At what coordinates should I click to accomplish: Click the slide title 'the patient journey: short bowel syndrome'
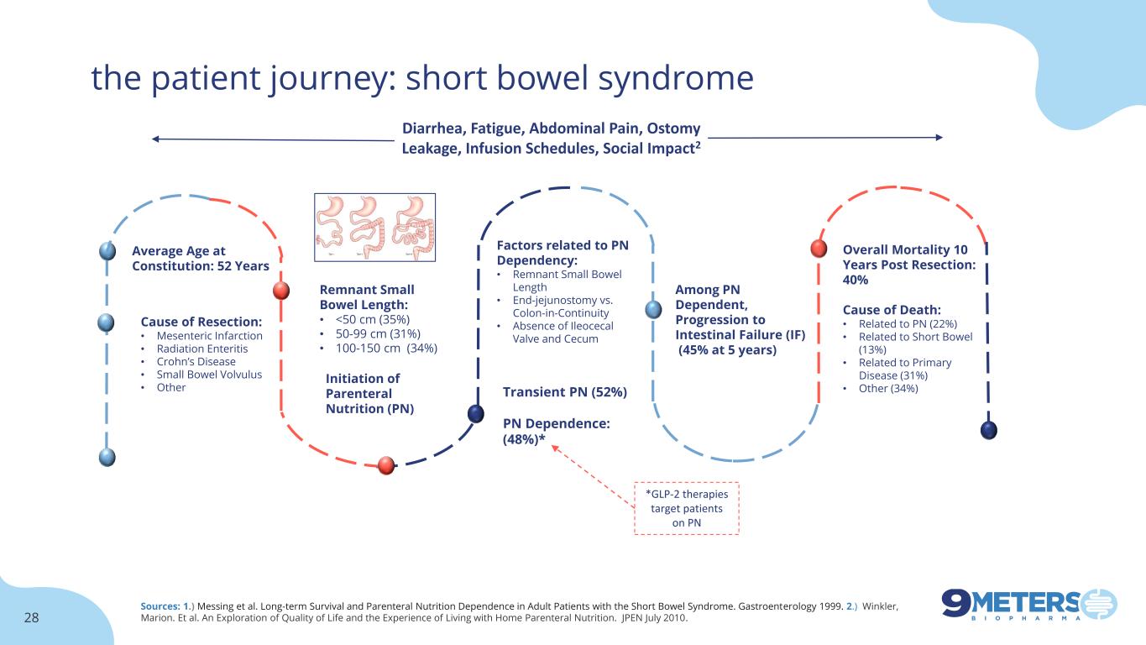422,78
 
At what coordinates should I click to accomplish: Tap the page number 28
32,618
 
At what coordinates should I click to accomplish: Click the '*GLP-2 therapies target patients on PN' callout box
687,508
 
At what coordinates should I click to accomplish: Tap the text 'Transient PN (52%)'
564,392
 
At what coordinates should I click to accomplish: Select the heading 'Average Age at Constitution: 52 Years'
201,258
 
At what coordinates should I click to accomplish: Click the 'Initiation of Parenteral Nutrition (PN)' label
369,393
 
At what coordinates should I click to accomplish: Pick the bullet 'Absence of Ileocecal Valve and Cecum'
563,332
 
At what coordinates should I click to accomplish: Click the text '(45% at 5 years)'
727,350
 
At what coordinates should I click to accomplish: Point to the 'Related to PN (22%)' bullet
908,323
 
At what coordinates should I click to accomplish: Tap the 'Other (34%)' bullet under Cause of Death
888,388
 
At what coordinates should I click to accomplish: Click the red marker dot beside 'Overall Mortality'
819,249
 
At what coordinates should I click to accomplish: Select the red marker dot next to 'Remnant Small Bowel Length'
282,291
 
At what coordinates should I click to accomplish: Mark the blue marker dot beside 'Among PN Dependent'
654,309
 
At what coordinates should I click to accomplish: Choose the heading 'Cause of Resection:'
201,321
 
